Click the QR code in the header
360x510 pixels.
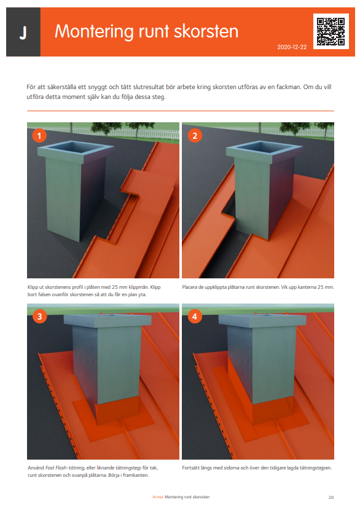(331, 31)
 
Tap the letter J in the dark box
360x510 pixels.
(23, 33)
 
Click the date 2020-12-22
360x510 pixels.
(292, 47)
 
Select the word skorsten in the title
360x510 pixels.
(206, 31)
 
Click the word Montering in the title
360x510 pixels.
(94, 32)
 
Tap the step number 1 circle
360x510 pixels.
(39, 135)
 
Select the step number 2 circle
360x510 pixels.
(195, 135)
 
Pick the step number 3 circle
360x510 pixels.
(39, 316)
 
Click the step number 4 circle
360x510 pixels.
(195, 316)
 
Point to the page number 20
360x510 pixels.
(331, 497)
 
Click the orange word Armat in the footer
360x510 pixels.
(158, 497)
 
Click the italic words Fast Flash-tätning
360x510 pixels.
(65, 468)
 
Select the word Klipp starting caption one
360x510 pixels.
(33, 287)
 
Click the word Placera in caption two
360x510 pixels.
(190, 287)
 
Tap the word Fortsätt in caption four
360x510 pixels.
(190, 468)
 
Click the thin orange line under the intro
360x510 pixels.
(181, 111)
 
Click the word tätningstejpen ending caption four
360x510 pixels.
(315, 468)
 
